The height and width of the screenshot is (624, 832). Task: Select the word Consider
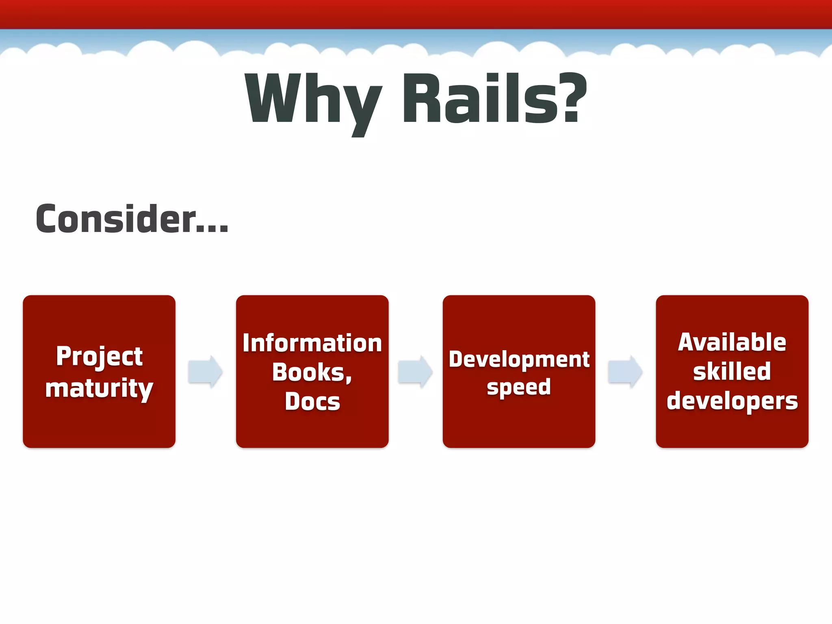pyautogui.click(x=116, y=219)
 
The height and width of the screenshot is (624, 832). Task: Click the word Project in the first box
pyautogui.click(x=100, y=357)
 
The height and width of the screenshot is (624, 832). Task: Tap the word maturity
pyautogui.click(x=100, y=388)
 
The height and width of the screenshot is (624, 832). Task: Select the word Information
pyautogui.click(x=312, y=343)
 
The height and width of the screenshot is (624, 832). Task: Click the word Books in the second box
pyautogui.click(x=309, y=372)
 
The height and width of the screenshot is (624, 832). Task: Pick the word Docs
pyautogui.click(x=312, y=401)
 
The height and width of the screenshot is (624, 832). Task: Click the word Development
pyautogui.click(x=519, y=360)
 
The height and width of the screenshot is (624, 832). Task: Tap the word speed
pyautogui.click(x=519, y=387)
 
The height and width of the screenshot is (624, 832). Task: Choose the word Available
pyautogui.click(x=732, y=342)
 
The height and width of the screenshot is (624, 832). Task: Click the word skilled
pyautogui.click(x=732, y=371)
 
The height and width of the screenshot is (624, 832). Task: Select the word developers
pyautogui.click(x=732, y=401)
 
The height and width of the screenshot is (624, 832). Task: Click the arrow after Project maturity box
pyautogui.click(x=206, y=372)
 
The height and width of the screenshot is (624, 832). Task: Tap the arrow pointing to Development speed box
pyautogui.click(x=415, y=372)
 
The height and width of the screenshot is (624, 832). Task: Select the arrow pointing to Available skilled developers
pyautogui.click(x=625, y=372)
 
